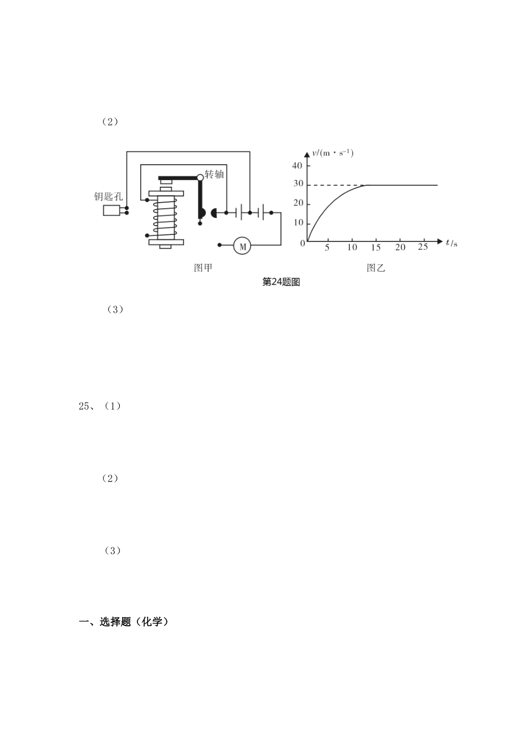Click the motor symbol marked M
pos(242,246)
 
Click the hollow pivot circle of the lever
pos(200,178)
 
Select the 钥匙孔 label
pos(108,197)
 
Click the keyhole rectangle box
pos(111,210)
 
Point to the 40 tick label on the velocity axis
pos(297,165)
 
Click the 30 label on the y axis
pos(298,183)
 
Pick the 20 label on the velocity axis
pos(298,203)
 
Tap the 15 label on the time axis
pos(376,248)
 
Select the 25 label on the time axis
pos(423,247)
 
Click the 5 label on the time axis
pos(327,248)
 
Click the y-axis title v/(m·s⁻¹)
pos(333,153)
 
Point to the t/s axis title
pos(452,243)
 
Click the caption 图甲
pos(203,268)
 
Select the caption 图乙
pos(376,268)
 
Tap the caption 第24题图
pos(281,282)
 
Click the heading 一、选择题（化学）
pos(124,622)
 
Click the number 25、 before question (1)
pos(86,406)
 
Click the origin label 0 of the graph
pos(303,244)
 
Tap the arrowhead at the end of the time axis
pos(440,242)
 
